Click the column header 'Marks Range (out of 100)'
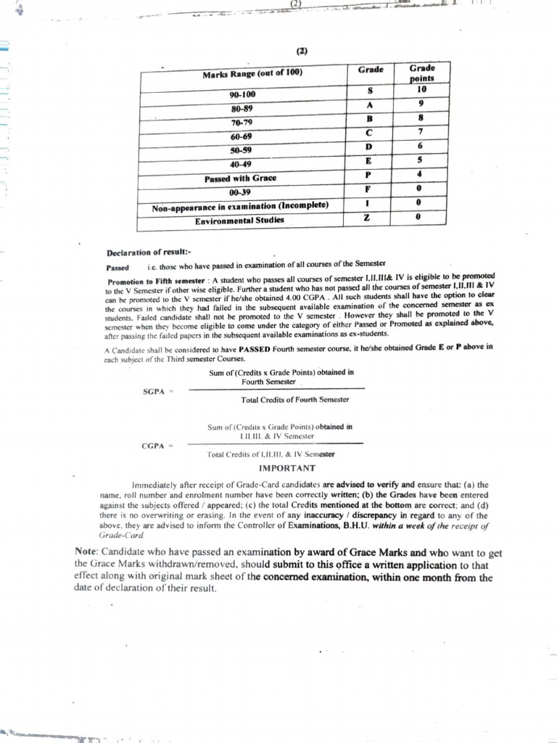tap(252, 73)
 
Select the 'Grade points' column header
tap(421, 73)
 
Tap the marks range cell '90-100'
tap(242, 95)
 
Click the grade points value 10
tap(421, 90)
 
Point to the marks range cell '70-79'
tap(242, 123)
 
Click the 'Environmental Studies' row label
tap(239, 220)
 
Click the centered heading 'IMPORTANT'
tap(287, 468)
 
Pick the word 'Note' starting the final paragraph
tap(86, 551)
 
